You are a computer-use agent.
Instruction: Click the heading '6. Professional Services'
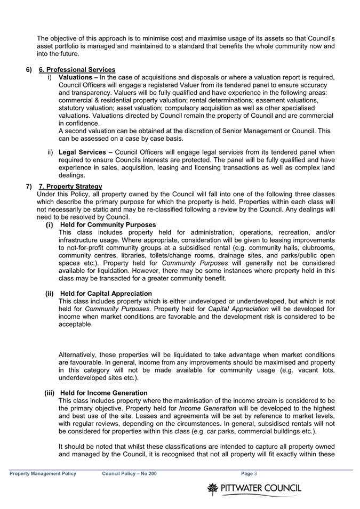coord(77,70)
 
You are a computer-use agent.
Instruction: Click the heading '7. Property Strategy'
coord(70,187)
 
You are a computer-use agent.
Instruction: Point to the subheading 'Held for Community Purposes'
coord(108,225)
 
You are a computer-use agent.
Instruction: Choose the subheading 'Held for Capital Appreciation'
coord(106,294)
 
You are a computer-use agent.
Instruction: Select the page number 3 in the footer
coord(256,473)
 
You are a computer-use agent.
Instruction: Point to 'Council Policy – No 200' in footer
coord(130,473)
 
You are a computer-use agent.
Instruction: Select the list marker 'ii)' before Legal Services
coord(51,152)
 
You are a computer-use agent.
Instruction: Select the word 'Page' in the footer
coord(246,473)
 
